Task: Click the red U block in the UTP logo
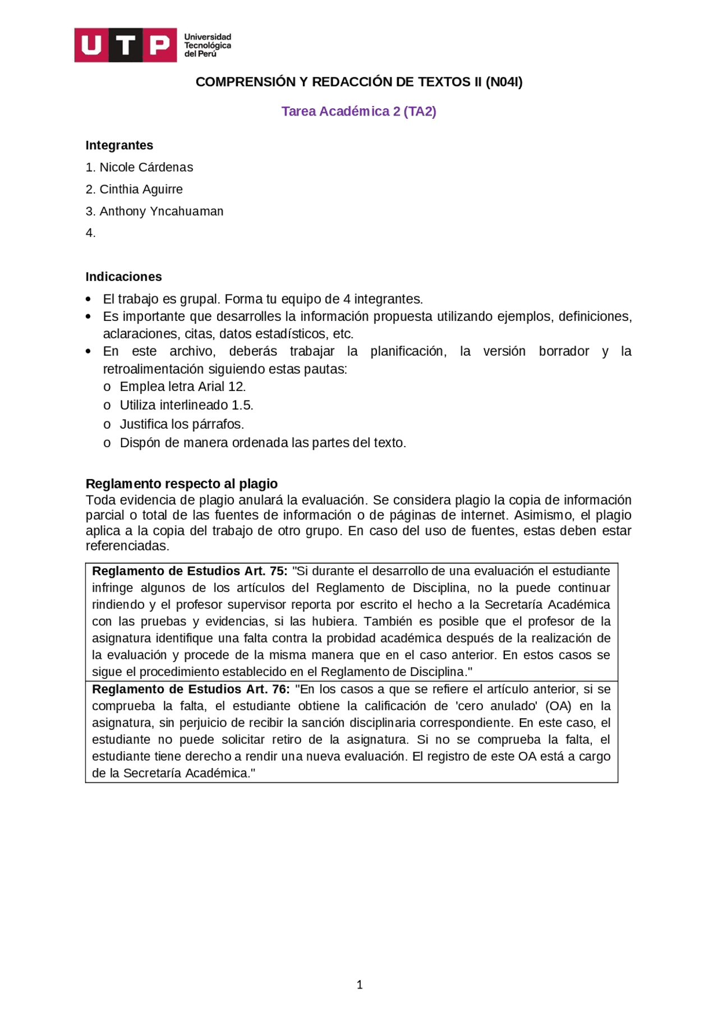click(x=91, y=45)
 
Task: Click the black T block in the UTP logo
click(x=126, y=45)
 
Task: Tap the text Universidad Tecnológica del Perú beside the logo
click(x=208, y=45)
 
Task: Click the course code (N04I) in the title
click(x=504, y=82)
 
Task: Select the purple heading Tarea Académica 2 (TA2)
click(x=358, y=111)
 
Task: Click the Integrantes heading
click(x=119, y=145)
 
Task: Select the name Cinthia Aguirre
click(x=141, y=189)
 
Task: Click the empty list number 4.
click(x=90, y=233)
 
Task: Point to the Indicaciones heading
click(x=123, y=277)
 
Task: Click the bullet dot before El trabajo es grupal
click(x=88, y=299)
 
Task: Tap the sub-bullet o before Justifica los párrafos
click(x=107, y=425)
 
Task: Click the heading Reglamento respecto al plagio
click(x=181, y=484)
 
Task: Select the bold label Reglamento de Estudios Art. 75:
click(x=190, y=571)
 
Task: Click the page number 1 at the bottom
click(x=360, y=984)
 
